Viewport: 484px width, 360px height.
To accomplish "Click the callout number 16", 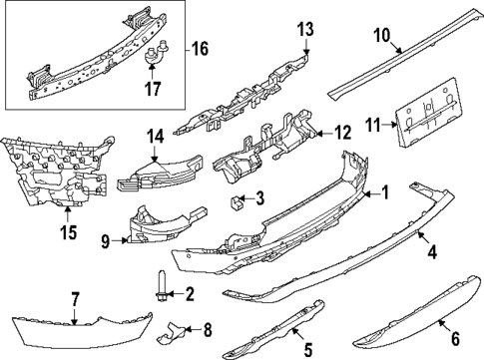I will click(200, 47).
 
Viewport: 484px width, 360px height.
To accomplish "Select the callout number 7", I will click(76, 298).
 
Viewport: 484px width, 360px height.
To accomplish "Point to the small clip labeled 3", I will click(238, 205).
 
